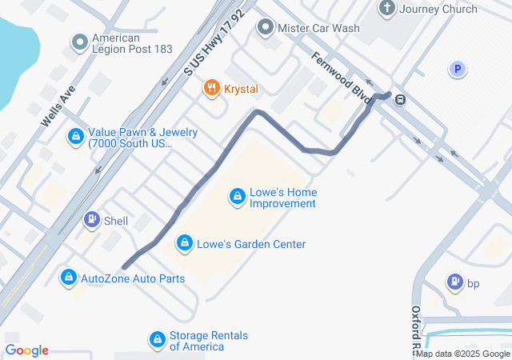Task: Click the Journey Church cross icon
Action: point(387,10)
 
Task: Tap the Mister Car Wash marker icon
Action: point(266,28)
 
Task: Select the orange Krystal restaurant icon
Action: point(212,88)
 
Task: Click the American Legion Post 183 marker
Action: point(79,41)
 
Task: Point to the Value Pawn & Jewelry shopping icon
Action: point(75,138)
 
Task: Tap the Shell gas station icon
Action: point(92,220)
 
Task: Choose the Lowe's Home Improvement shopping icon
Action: point(237,196)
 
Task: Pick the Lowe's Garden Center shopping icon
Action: point(185,242)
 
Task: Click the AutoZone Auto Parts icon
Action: point(69,278)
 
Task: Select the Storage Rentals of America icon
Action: point(158,340)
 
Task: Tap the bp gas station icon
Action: point(454,282)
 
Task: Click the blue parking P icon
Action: point(457,70)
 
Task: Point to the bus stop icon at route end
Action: point(399,100)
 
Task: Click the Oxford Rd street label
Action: point(415,328)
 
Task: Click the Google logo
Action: point(26,350)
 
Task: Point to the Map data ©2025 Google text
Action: point(462,354)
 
